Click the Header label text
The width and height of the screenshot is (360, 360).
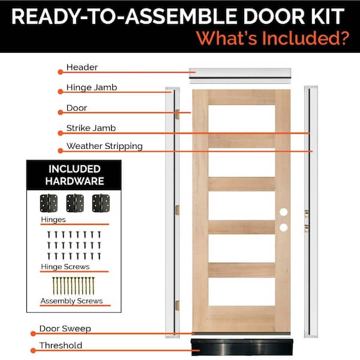[82, 67]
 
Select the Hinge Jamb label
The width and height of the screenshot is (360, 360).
[91, 88]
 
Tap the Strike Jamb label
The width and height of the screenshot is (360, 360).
[91, 128]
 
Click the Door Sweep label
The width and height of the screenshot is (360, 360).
[65, 329]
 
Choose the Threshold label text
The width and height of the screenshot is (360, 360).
[61, 346]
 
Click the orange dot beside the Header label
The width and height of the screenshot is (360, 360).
[60, 72]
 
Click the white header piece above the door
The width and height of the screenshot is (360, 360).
[239, 75]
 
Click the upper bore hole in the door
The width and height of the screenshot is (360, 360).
[283, 212]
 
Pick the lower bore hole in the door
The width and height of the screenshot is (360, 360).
[283, 227]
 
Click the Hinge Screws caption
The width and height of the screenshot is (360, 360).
[65, 266]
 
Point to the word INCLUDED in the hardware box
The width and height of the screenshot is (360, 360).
[74, 169]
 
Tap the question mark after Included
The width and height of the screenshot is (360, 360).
[344, 38]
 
